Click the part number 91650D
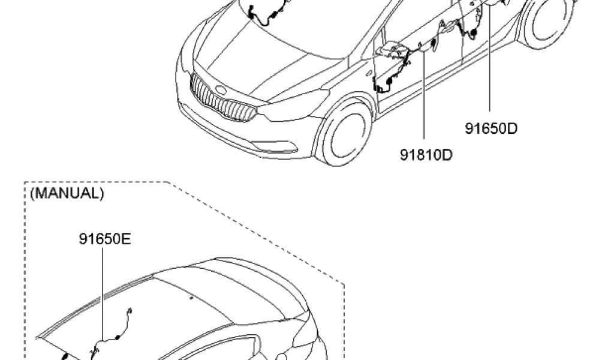click(x=491, y=128)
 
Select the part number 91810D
click(x=426, y=155)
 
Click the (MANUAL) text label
click(x=67, y=193)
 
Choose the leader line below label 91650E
click(x=102, y=294)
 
